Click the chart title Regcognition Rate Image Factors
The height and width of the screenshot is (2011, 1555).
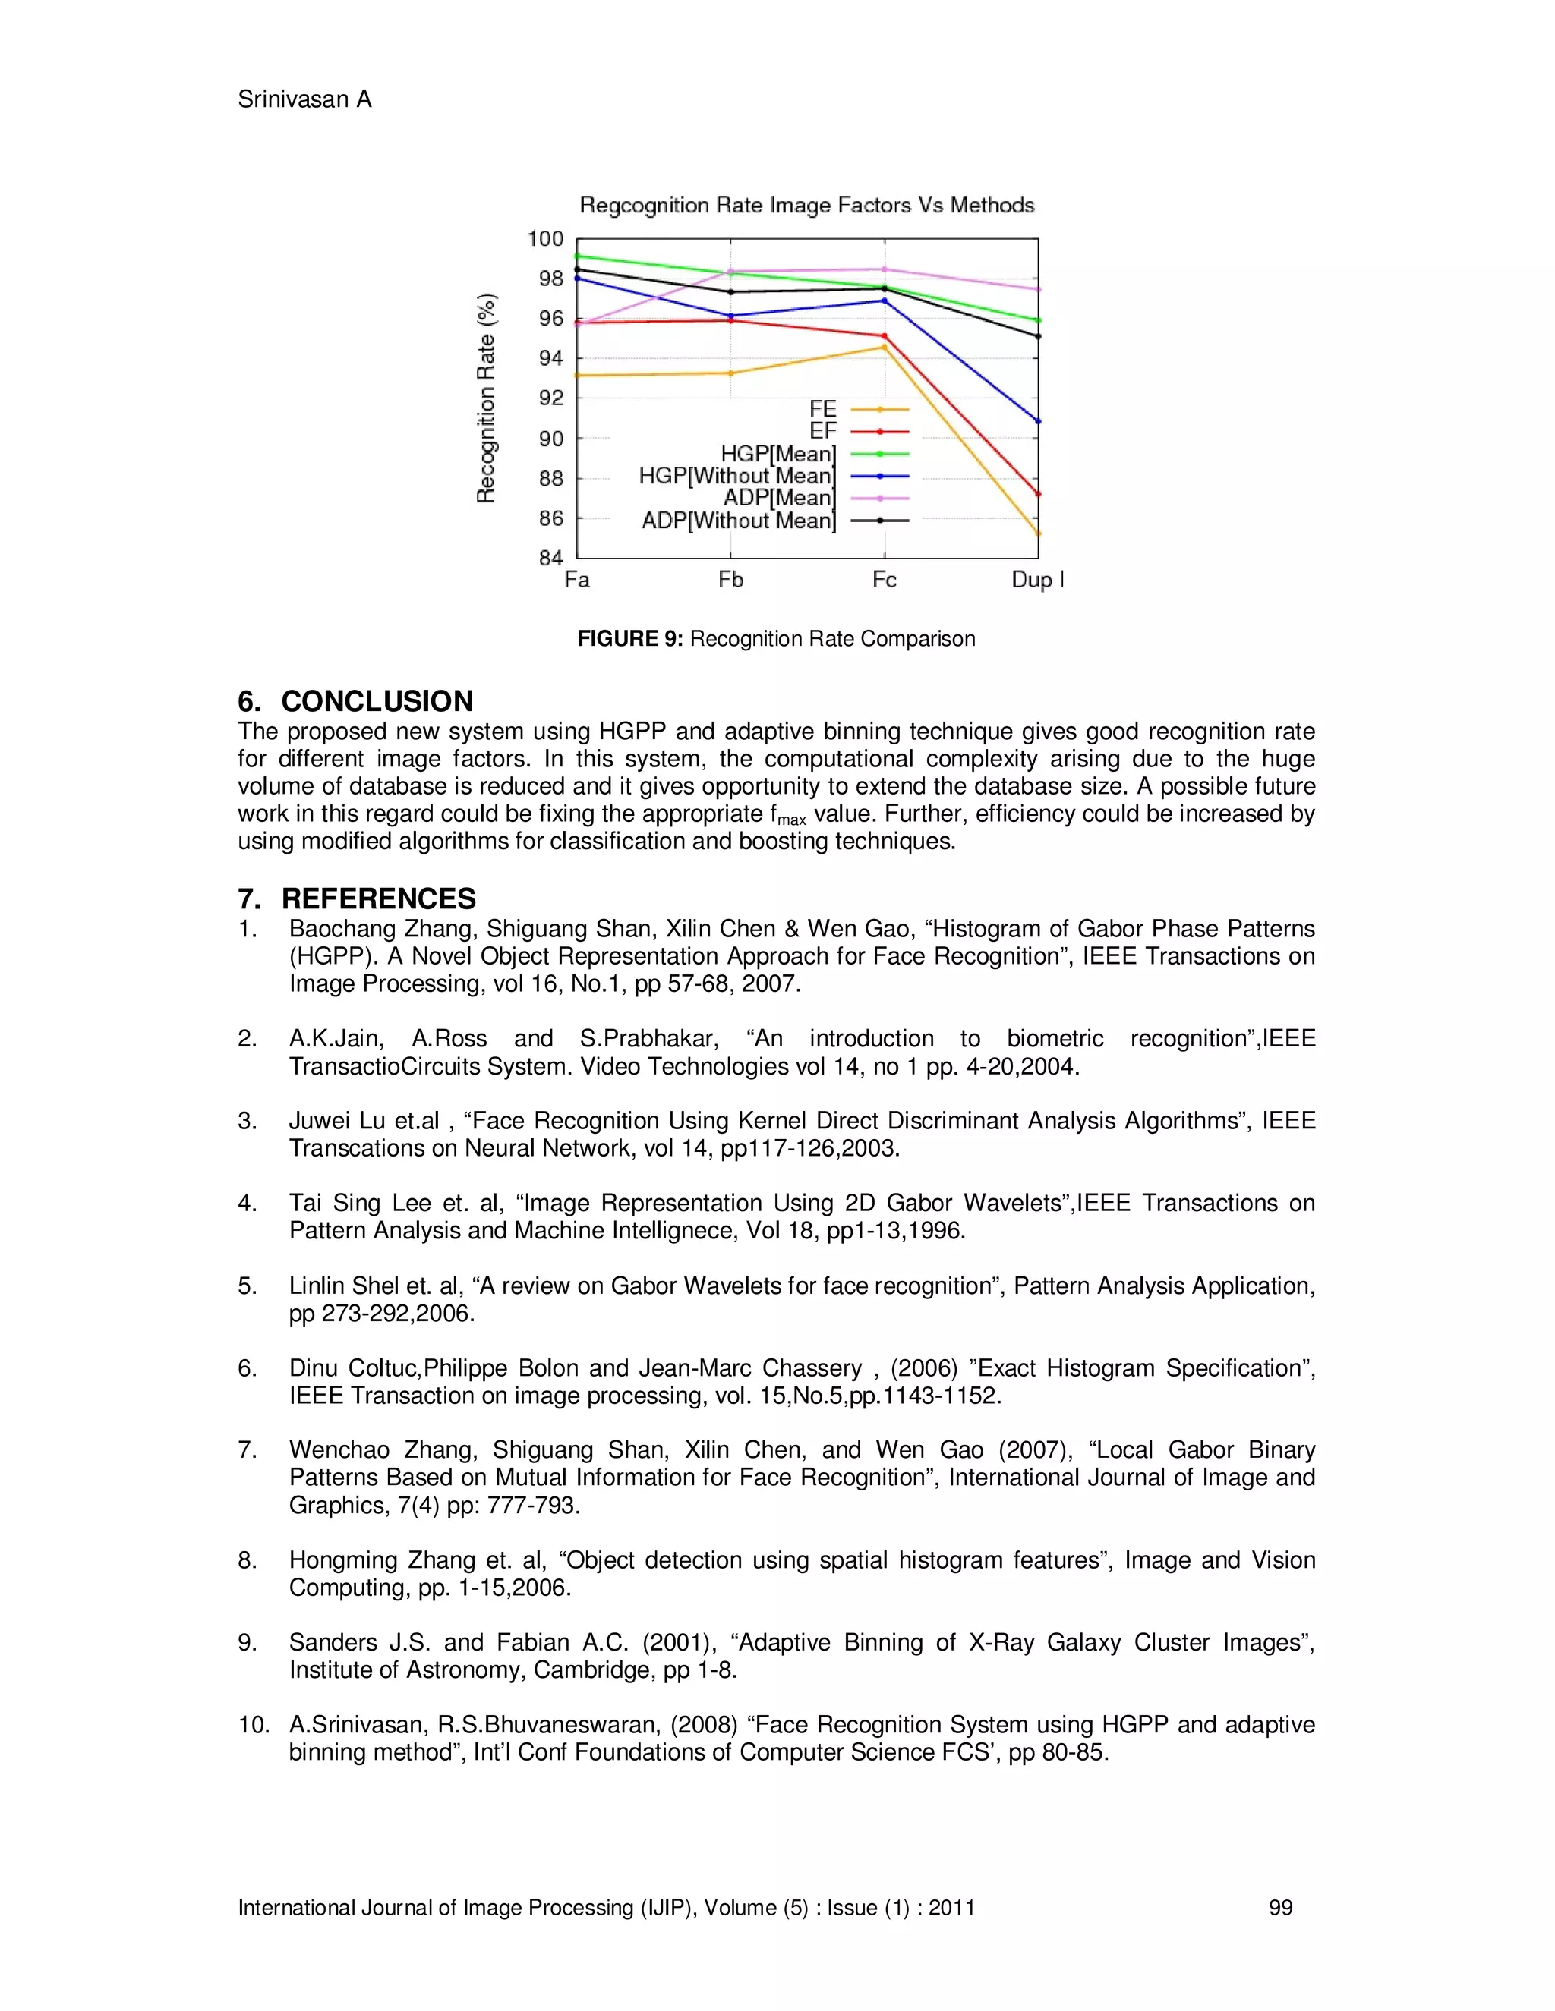806,206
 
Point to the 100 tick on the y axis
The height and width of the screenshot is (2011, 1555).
545,239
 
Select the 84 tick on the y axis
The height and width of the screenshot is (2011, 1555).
551,558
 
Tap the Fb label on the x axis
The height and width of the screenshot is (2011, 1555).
730,580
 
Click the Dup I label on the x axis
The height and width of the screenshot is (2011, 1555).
1037,580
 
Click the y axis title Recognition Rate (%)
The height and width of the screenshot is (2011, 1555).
487,398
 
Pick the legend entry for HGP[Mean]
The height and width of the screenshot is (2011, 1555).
778,454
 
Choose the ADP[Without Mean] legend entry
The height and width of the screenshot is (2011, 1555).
739,521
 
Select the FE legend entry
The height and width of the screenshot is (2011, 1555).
822,409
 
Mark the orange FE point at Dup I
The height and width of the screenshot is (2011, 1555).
1038,533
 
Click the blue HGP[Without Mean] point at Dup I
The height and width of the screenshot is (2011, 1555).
1038,422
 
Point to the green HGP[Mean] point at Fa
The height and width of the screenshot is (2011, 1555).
578,256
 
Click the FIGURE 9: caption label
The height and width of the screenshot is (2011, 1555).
630,639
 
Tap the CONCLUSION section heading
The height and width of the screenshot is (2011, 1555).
377,702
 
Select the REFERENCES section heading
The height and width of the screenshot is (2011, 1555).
379,898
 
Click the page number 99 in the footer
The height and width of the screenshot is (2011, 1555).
1280,1908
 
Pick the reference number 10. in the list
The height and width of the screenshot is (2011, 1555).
254,1725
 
